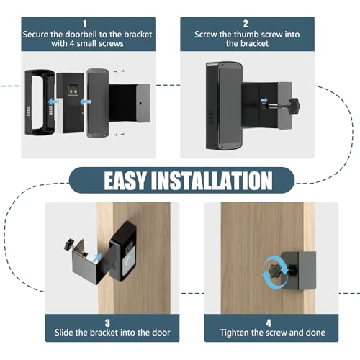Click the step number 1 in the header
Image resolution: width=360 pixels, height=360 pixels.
point(86,23)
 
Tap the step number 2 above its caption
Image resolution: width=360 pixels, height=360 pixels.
point(256,23)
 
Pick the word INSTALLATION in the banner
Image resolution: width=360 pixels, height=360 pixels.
point(210,179)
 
